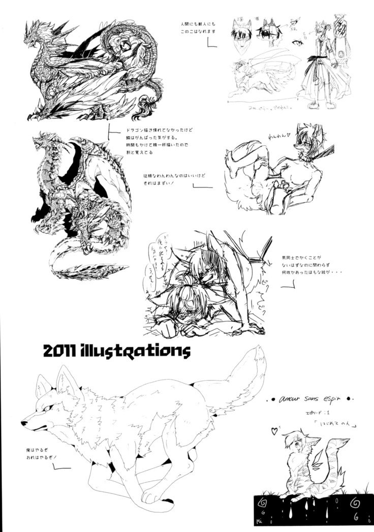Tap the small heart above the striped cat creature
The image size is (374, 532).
pyautogui.click(x=275, y=431)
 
